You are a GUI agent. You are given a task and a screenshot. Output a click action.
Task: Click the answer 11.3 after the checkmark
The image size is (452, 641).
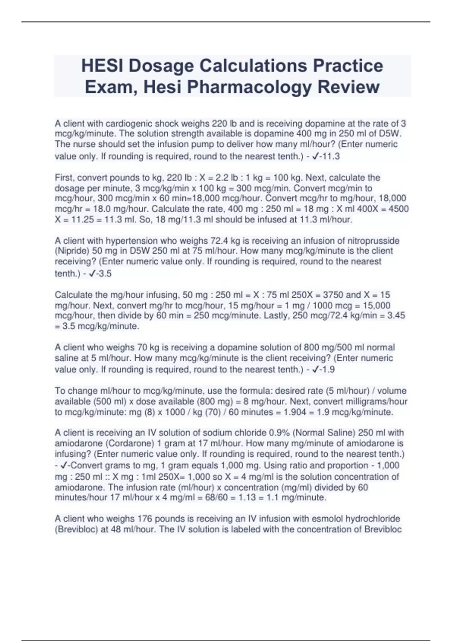point(331,156)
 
